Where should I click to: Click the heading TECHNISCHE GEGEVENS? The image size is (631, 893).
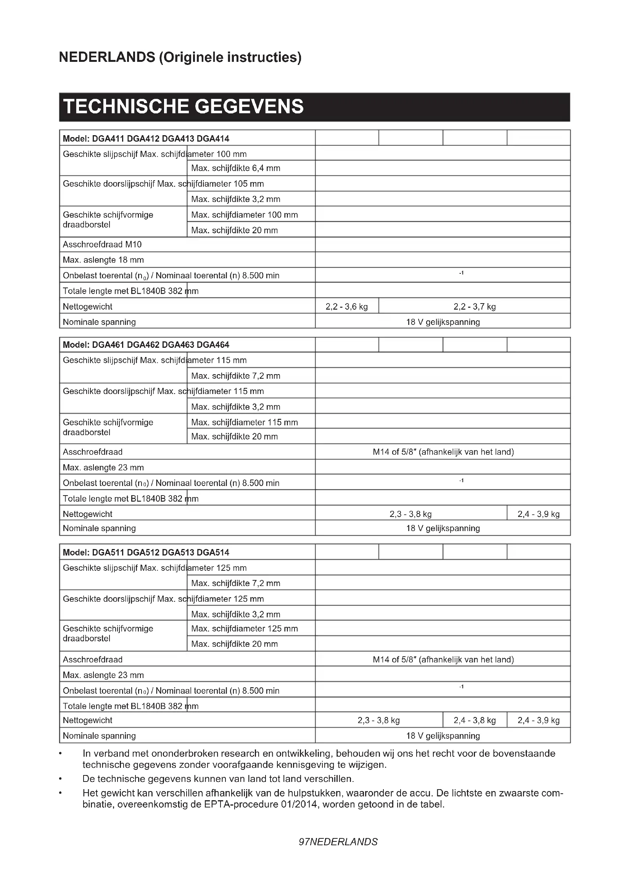click(x=183, y=107)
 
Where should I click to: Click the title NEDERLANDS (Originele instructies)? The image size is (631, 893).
click(x=180, y=57)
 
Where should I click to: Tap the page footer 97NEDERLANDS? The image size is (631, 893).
click(x=338, y=842)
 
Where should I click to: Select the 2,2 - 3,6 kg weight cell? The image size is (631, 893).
click(x=346, y=307)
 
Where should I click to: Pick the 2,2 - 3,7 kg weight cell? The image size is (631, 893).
click(x=474, y=307)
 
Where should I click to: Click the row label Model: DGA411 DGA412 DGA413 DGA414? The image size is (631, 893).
click(x=146, y=139)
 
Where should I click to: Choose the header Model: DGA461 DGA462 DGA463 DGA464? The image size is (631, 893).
click(x=146, y=345)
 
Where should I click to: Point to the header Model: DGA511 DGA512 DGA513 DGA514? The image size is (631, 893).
click(x=146, y=552)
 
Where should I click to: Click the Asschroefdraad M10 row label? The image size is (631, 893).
click(x=102, y=244)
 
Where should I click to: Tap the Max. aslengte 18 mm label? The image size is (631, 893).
click(x=103, y=260)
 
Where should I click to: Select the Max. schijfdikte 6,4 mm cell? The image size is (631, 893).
click(x=235, y=168)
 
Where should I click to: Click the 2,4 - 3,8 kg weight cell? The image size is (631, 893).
click(x=475, y=720)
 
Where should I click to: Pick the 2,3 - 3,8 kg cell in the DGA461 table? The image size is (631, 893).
click(x=410, y=514)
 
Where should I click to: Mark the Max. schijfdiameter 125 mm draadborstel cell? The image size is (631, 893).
click(x=245, y=628)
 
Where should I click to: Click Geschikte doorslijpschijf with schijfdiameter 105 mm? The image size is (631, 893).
click(x=163, y=184)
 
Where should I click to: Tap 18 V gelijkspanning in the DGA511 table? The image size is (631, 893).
click(x=443, y=736)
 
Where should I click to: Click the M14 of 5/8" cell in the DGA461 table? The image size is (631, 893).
click(x=443, y=452)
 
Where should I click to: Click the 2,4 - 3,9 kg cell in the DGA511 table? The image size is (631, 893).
click(x=539, y=720)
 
